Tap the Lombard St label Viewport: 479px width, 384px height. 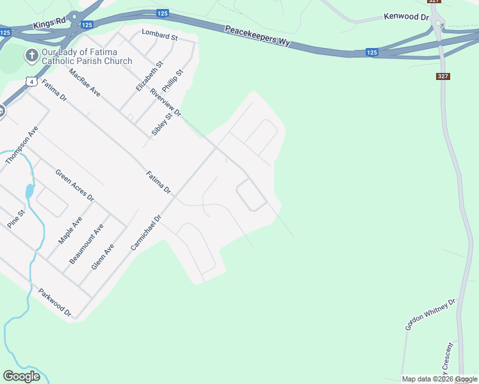point(159,35)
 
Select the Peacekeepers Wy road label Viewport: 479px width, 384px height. point(257,35)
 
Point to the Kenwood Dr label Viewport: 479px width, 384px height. point(405,17)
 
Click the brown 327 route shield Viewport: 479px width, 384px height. point(442,76)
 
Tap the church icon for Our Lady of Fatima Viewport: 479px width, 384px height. point(31,56)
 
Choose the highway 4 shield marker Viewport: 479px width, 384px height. point(31,81)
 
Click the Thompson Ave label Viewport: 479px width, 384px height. point(22,145)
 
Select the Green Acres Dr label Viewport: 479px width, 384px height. point(74,185)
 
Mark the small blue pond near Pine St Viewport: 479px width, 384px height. point(29,191)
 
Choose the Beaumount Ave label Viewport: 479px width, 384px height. point(86,244)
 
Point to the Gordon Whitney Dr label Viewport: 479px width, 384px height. point(430,314)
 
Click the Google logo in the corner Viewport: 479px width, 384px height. point(22,376)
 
